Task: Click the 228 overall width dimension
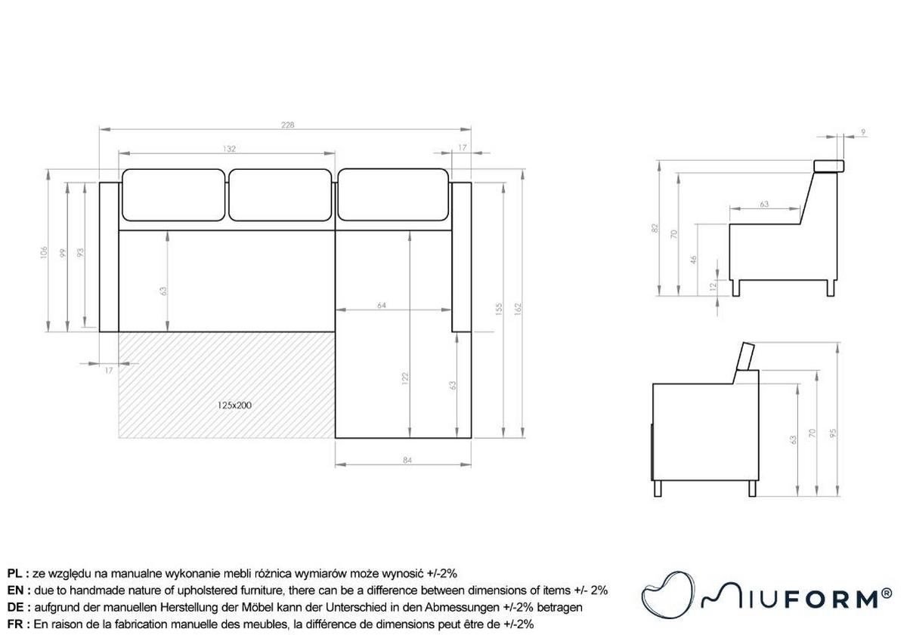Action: [x=287, y=125]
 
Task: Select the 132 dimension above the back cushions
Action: [x=229, y=149]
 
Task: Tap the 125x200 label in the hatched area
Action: [x=234, y=405]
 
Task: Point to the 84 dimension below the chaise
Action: [x=407, y=461]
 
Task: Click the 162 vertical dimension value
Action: [x=518, y=309]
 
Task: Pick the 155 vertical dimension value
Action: [x=498, y=309]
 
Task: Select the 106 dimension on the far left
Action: [x=44, y=252]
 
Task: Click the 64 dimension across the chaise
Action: [x=382, y=305]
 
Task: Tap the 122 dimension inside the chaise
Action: [x=405, y=378]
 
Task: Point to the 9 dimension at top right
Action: [x=863, y=132]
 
